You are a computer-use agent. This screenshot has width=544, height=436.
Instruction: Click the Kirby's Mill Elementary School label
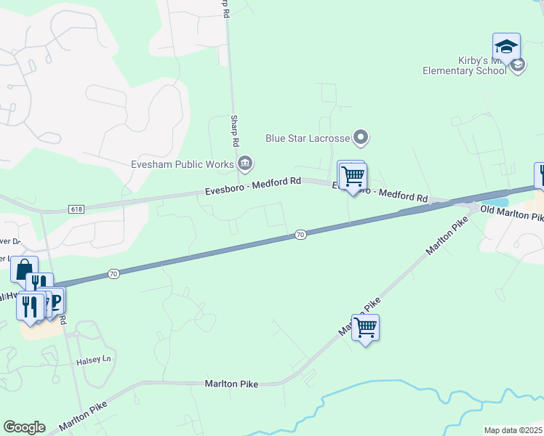465,65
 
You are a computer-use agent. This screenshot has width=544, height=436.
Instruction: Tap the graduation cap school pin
506,47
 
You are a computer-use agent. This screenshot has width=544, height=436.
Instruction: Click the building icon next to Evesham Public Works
247,162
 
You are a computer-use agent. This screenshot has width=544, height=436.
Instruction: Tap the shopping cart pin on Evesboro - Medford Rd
353,175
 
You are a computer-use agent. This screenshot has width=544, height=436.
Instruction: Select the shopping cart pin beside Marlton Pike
366,328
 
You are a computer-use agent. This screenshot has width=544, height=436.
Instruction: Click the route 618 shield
76,209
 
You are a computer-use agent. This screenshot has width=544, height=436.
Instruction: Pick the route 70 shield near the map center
300,234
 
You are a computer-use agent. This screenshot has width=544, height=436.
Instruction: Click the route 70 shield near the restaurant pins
113,273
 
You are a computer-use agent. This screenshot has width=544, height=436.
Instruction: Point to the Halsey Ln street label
95,360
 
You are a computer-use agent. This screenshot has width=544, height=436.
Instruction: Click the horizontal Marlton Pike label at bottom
231,383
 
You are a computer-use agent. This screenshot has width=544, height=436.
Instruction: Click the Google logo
24,427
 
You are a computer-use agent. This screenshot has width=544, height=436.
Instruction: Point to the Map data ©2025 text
513,430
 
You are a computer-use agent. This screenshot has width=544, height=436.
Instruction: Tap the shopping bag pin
23,270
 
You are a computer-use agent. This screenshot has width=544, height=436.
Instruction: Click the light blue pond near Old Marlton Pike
497,203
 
